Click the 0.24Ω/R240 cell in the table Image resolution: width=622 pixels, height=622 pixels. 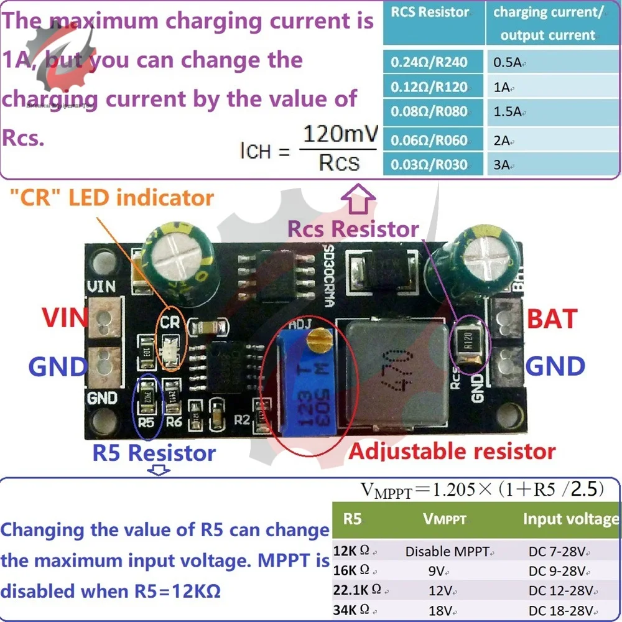point(429,62)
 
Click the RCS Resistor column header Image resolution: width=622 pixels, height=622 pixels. point(429,11)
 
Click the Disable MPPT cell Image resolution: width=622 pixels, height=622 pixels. point(450,551)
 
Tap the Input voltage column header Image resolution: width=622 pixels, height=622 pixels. point(570,519)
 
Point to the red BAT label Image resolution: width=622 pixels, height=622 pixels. point(552,319)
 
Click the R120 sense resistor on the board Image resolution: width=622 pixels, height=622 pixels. point(468,341)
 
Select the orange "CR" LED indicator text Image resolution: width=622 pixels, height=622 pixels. point(111,198)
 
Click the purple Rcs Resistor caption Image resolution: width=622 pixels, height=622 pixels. point(353,228)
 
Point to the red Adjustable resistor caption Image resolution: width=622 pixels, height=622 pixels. point(452,451)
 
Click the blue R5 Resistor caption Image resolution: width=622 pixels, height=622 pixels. point(154,453)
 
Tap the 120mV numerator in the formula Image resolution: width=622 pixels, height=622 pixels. point(339,133)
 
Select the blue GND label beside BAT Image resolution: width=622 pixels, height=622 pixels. point(555,366)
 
